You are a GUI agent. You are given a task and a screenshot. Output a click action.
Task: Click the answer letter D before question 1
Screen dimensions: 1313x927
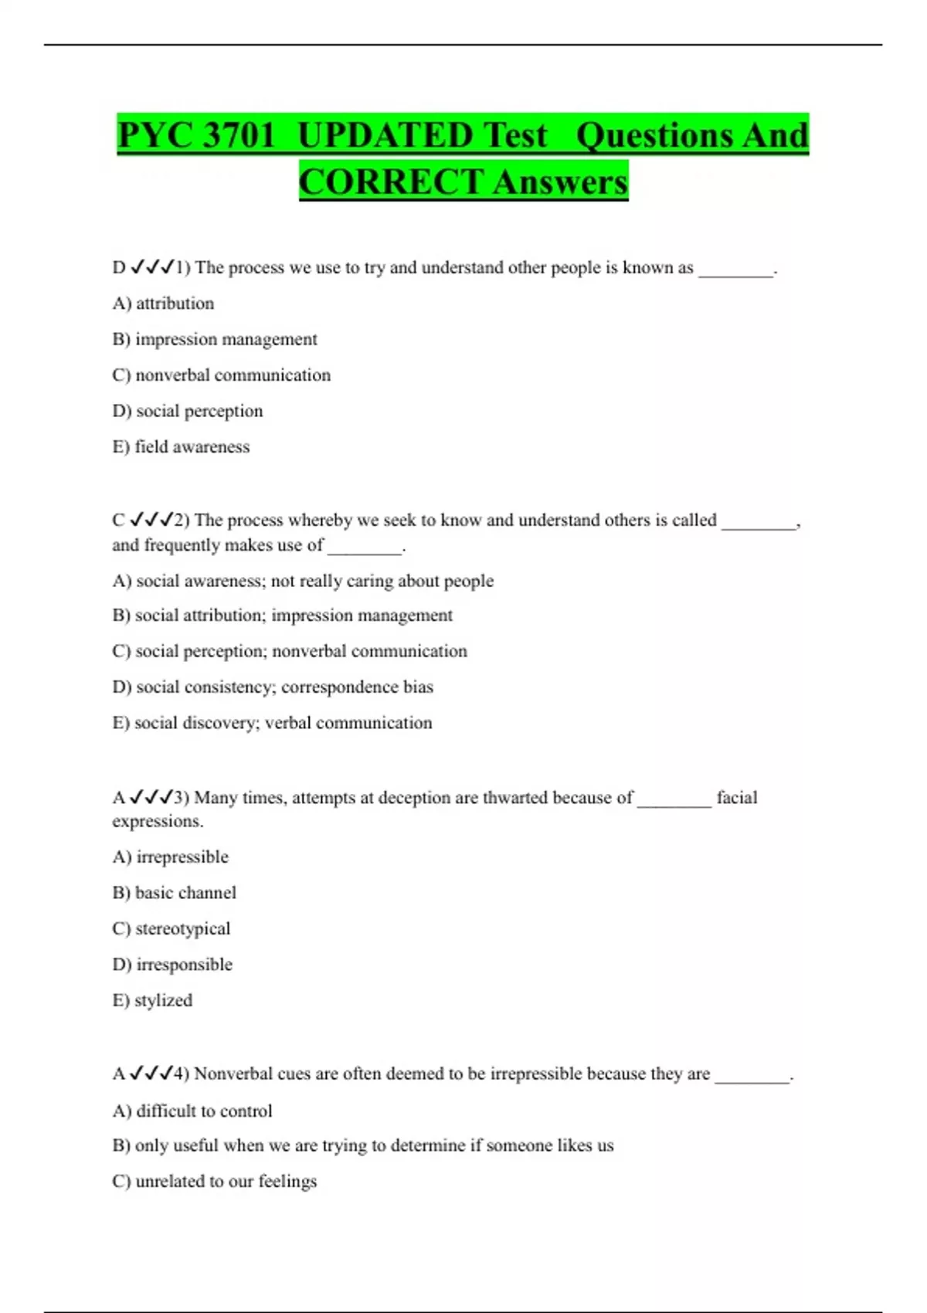(x=119, y=268)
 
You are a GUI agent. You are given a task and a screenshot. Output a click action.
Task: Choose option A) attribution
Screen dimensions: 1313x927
(x=163, y=304)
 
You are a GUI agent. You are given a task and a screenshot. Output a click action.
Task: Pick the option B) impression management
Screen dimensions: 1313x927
(x=214, y=339)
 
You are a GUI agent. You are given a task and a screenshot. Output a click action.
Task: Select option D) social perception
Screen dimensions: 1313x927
(x=187, y=411)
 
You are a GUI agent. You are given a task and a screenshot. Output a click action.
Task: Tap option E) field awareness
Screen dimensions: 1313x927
(x=181, y=446)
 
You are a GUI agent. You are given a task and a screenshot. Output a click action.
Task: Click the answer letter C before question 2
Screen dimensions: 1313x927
(x=118, y=520)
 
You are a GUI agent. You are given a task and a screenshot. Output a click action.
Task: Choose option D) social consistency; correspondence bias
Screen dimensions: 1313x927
(x=272, y=687)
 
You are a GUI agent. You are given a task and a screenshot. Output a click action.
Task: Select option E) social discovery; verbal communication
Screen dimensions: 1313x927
(x=272, y=723)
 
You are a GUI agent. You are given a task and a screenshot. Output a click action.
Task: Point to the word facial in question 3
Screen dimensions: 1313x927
(x=736, y=797)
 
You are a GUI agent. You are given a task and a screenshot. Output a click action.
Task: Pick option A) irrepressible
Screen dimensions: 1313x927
(x=170, y=857)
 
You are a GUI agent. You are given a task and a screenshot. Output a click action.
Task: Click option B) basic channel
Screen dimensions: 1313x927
(x=174, y=893)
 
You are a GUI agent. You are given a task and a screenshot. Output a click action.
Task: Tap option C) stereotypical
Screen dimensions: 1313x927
(x=171, y=928)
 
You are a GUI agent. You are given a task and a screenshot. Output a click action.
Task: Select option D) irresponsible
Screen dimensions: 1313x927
(x=171, y=965)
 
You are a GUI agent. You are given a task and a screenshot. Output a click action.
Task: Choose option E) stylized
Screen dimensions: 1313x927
(x=152, y=1000)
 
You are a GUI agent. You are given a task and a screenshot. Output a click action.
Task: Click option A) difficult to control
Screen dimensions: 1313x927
(x=192, y=1111)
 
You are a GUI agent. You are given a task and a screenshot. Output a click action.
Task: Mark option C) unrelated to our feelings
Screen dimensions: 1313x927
(x=214, y=1182)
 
